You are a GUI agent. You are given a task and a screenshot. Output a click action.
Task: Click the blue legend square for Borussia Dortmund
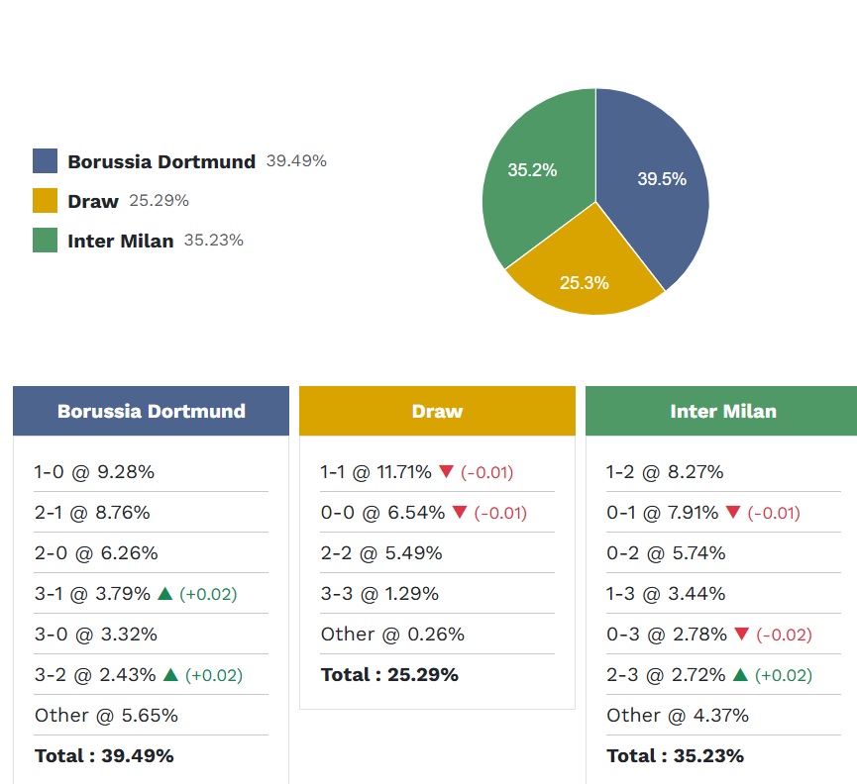click(45, 161)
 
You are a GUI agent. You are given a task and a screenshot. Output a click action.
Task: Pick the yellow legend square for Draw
click(45, 201)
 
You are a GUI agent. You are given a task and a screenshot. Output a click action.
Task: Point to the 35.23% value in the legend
click(213, 240)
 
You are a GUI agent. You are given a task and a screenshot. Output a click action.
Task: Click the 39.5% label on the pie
click(661, 179)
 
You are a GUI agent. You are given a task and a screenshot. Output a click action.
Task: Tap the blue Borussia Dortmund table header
click(151, 411)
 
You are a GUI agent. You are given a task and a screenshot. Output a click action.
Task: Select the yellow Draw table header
click(437, 411)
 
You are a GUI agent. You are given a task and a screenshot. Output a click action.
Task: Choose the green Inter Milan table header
click(722, 411)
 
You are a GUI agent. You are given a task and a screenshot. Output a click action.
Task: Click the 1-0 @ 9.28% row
click(94, 472)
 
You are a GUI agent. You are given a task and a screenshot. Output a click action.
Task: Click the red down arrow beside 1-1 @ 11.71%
click(446, 472)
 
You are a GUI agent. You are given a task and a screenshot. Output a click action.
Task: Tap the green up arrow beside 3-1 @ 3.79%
click(164, 594)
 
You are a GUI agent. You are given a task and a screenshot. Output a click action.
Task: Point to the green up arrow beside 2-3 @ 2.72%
click(740, 675)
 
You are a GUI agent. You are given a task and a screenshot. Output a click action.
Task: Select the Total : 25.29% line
click(389, 675)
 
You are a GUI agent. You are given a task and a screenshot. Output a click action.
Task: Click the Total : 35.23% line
click(675, 756)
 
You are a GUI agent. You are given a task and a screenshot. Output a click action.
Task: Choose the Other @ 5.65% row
click(106, 716)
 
